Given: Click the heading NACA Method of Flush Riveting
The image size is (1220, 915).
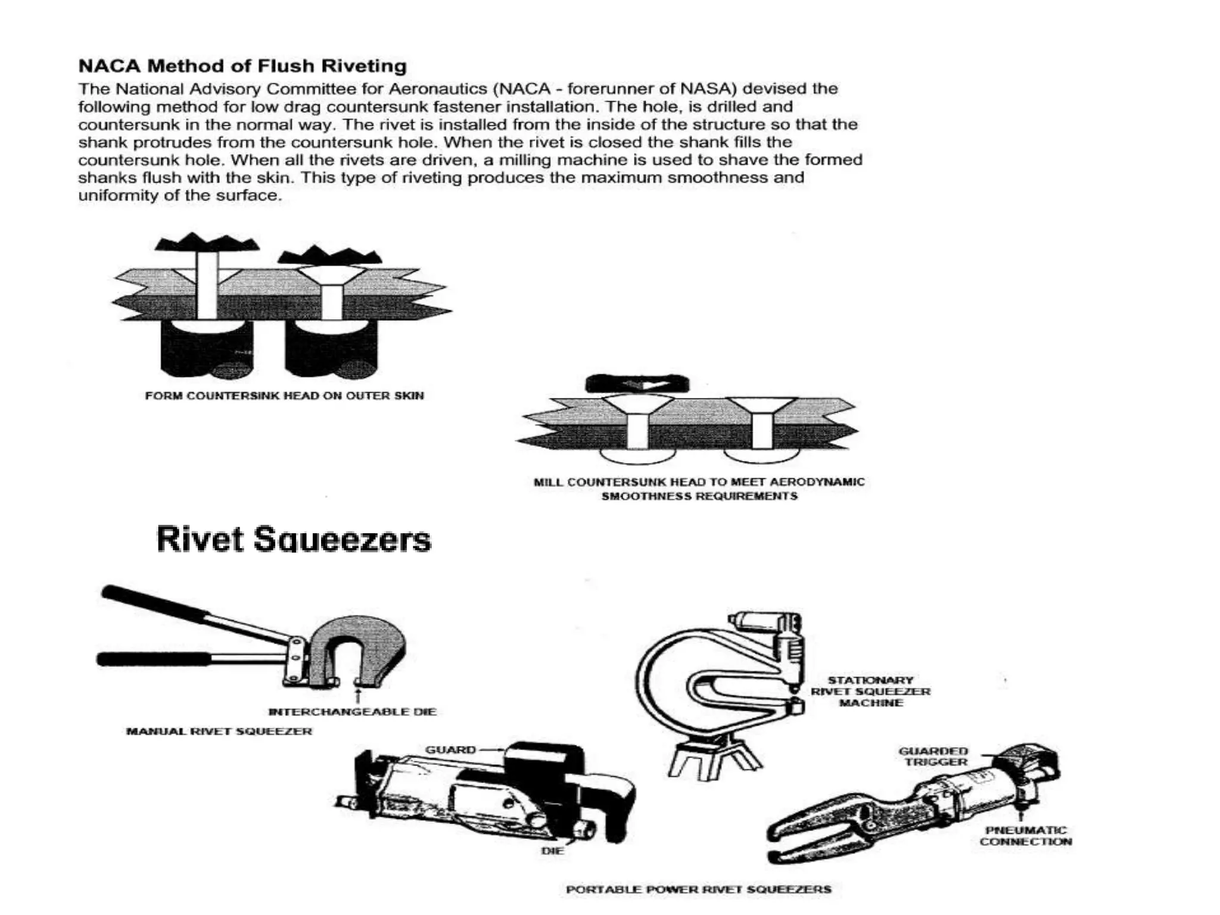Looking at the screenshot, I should tap(242, 66).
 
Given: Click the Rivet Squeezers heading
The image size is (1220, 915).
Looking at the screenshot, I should tap(293, 539).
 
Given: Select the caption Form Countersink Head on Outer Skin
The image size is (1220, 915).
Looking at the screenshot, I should tap(284, 396).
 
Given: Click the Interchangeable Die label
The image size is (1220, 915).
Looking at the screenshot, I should tap(353, 711).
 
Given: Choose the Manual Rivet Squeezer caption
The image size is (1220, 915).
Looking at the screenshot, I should tap(219, 731).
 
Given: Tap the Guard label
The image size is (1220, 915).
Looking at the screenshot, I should tap(450, 749).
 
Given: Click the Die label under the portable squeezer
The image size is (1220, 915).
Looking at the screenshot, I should tap(552, 851).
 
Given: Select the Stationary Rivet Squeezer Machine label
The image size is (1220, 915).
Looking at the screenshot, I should tap(870, 691).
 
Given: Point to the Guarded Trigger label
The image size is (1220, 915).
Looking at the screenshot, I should tap(933, 757).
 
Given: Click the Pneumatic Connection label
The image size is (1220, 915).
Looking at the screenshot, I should tap(1026, 836).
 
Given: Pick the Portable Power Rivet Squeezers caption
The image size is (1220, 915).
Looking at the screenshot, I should tap(698, 889).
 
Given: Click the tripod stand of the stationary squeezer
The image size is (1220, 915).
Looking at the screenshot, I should tap(714, 757).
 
